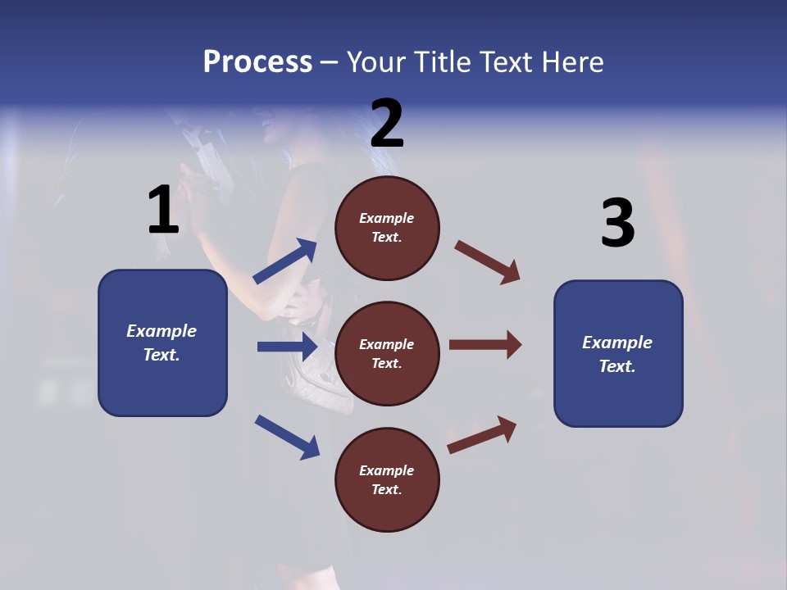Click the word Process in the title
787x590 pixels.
tap(257, 62)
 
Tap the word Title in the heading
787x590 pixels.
tap(441, 62)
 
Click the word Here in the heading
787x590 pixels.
tap(571, 62)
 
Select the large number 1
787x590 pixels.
tap(163, 210)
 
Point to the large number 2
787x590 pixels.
tap(387, 124)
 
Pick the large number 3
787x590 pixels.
tap(617, 223)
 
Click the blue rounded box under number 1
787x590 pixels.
tap(162, 343)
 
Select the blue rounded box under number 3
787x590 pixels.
tap(618, 353)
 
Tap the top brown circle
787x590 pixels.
tap(387, 228)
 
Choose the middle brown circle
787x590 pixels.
tap(387, 353)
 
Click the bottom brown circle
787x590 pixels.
tap(387, 479)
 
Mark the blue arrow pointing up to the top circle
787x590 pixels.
tap(285, 261)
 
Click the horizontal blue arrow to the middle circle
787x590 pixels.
tap(287, 347)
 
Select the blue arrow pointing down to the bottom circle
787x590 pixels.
tap(287, 437)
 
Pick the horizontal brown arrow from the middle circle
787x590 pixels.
tap(485, 344)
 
